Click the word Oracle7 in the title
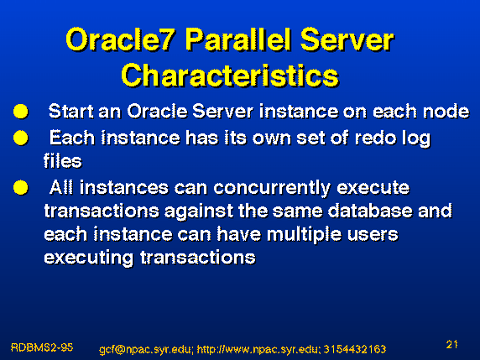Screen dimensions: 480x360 [121, 39]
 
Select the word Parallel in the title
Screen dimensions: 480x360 [237, 39]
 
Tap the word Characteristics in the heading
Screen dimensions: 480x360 [230, 76]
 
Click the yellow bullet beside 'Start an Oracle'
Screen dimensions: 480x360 [21, 111]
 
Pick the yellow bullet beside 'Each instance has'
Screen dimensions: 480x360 [21, 138]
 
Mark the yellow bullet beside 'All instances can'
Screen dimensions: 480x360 [21, 187]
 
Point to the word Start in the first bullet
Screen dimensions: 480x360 [71, 111]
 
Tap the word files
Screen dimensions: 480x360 [63, 161]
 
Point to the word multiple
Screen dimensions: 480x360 [304, 235]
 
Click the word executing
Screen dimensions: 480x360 [89, 258]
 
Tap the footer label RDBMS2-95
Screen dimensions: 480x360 [42, 347]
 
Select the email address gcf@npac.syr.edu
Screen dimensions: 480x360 [146, 349]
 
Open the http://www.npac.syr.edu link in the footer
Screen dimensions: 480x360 [258, 349]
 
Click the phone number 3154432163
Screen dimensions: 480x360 [355, 349]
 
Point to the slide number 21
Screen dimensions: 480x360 [451, 345]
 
